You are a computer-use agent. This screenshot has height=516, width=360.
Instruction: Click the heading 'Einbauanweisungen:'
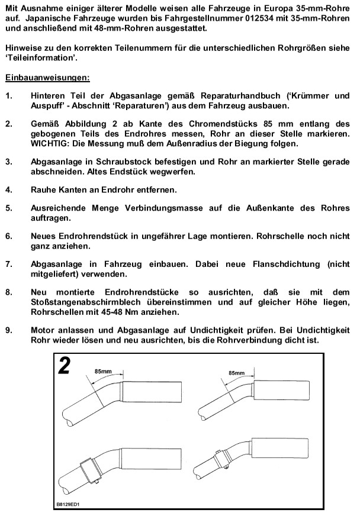pos(47,78)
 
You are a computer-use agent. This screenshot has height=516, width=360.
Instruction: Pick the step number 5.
pos(8,208)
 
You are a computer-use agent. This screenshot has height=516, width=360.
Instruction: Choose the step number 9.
pos(8,328)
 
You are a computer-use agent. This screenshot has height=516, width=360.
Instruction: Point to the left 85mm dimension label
pos(102,371)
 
